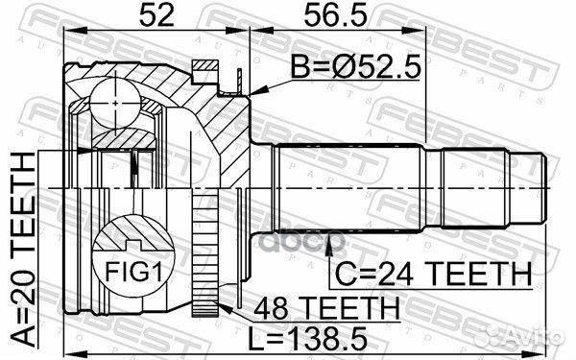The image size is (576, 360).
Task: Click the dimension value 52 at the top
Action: [x=156, y=15]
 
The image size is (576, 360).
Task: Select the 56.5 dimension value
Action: [x=335, y=15]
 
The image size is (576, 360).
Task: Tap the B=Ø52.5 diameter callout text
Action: [x=355, y=67]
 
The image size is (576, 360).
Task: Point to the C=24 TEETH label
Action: [x=434, y=274]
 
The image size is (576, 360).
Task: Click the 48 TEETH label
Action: [x=326, y=308]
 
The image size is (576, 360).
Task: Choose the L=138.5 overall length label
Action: [x=307, y=338]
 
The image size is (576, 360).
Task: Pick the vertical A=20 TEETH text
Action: [x=23, y=250]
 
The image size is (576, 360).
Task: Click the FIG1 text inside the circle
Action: [x=133, y=272]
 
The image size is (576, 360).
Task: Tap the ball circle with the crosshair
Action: [x=115, y=104]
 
